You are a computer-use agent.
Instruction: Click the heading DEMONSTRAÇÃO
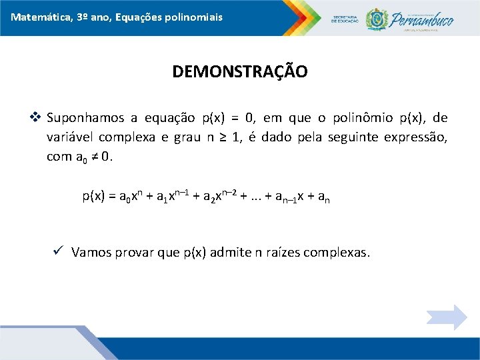[240, 71]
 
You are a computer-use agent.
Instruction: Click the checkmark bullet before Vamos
[58, 252]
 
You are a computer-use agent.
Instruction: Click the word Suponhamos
[85, 119]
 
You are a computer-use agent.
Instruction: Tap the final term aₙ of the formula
[323, 197]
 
